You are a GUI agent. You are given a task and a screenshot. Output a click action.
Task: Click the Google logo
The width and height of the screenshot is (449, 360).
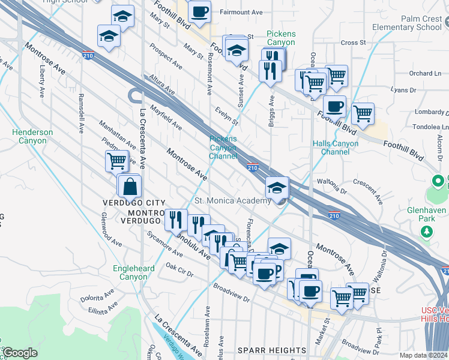coord(20,353)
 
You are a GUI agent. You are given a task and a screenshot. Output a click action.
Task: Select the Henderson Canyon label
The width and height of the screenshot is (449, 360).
coord(32,136)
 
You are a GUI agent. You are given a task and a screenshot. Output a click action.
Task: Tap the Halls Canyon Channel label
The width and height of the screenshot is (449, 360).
coord(336,148)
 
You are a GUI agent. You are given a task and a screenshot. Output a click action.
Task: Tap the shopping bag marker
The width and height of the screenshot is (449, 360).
coord(130,187)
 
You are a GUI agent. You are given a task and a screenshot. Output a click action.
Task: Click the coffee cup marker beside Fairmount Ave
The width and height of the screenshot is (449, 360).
coord(199,11)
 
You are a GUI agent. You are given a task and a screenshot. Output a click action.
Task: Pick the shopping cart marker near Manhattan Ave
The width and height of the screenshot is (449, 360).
coord(116,161)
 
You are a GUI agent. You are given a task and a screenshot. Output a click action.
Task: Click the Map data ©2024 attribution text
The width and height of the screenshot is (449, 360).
coord(424,355)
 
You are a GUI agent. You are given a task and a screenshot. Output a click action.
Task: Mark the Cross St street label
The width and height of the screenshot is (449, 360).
coord(353,43)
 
